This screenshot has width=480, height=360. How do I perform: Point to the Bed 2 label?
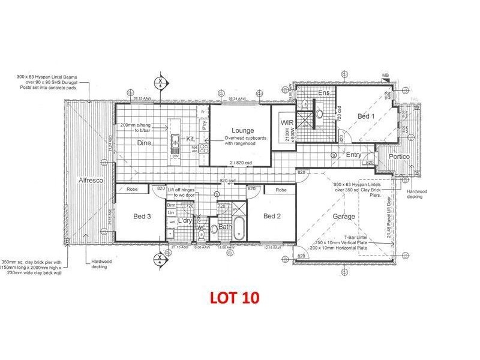pos(272,215)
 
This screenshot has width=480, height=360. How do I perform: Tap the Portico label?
pos(398,156)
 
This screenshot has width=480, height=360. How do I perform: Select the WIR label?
pos(286,122)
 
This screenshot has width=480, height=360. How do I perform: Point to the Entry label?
pos(355,154)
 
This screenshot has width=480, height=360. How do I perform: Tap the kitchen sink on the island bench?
pos(175,143)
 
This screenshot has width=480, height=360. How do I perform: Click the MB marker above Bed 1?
pos(385,74)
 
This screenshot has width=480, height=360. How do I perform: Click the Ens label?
pos(324,94)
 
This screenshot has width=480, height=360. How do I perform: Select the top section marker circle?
pos(160,82)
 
